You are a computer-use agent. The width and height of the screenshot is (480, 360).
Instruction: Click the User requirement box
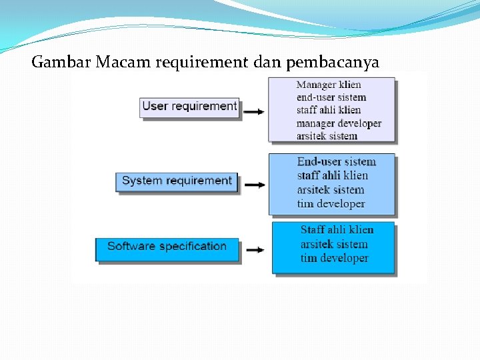click(x=189, y=107)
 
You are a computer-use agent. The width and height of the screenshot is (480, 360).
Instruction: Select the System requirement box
click(x=177, y=181)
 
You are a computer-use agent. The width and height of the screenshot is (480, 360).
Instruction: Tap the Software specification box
click(x=167, y=247)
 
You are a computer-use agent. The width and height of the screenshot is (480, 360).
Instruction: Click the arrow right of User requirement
click(x=254, y=111)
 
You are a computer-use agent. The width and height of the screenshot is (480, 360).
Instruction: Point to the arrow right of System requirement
click(x=255, y=185)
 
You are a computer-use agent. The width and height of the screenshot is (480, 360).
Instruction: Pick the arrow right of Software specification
click(x=255, y=251)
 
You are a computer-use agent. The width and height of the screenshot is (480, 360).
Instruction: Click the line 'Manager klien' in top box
click(x=329, y=85)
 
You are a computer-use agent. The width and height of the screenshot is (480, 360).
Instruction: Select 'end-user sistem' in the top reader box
click(x=331, y=97)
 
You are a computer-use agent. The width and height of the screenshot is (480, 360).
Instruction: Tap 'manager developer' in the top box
click(x=339, y=123)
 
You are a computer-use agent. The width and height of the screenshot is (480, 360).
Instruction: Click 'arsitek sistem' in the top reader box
click(x=327, y=136)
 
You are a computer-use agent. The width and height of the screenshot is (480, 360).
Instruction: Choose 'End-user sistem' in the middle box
click(x=336, y=161)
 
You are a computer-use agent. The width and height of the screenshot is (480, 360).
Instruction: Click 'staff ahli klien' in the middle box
click(x=332, y=175)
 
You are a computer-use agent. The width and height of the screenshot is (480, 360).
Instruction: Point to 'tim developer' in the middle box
click(x=331, y=203)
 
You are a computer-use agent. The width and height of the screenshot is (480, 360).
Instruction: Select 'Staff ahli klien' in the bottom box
click(x=337, y=229)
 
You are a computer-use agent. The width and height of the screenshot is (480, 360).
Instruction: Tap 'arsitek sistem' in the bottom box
click(x=333, y=244)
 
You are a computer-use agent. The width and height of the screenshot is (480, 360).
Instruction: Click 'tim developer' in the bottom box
click(x=334, y=258)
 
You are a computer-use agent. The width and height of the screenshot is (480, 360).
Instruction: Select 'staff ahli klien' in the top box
click(x=329, y=110)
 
